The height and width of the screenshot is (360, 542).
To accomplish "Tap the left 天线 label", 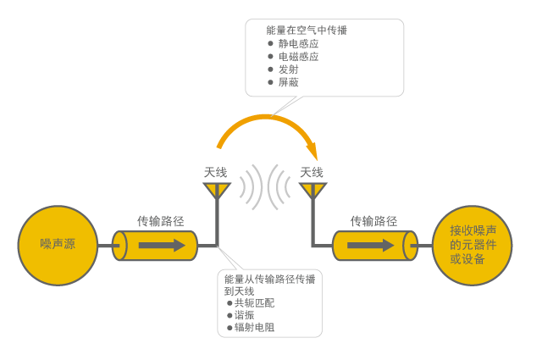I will [x=216, y=172].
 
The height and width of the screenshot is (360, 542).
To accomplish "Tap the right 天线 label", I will [x=312, y=172].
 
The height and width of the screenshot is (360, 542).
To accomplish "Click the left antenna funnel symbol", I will [x=217, y=191].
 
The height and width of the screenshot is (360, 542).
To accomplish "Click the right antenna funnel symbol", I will [x=312, y=191].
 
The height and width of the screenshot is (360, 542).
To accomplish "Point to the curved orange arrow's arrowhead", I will [x=312, y=152].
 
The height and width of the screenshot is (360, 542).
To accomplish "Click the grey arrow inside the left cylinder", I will [x=162, y=245].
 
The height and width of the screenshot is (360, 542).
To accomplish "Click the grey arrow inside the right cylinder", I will [x=371, y=245].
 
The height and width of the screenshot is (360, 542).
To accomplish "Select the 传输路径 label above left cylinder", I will [x=161, y=221].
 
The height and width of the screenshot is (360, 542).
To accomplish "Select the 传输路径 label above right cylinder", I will [x=373, y=221].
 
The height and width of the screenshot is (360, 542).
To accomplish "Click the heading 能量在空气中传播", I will [x=307, y=30].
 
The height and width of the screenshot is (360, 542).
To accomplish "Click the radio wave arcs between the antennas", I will [x=264, y=186].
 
